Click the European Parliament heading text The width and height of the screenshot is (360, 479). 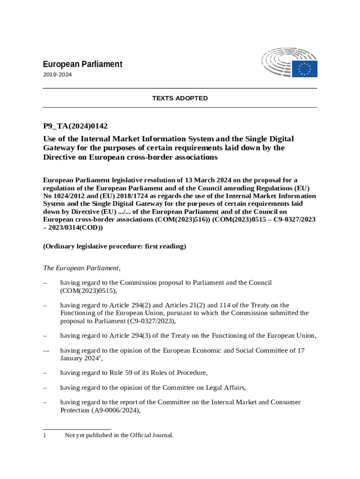83,64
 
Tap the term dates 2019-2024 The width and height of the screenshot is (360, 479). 58,74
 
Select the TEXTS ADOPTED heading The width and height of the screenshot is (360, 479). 180,98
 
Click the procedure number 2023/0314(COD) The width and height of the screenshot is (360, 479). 76,228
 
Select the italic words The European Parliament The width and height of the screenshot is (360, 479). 81,268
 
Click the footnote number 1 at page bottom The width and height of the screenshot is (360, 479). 45,435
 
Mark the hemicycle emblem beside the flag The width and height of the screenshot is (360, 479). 278,65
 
